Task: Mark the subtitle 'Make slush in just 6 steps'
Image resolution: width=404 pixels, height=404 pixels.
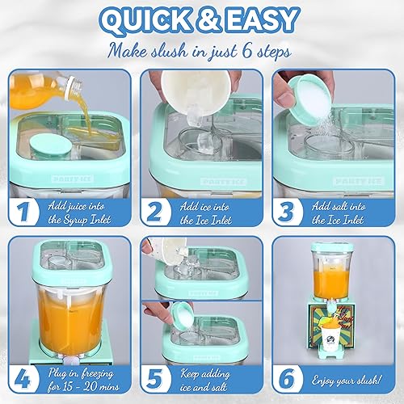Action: pyautogui.click(x=201, y=51)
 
